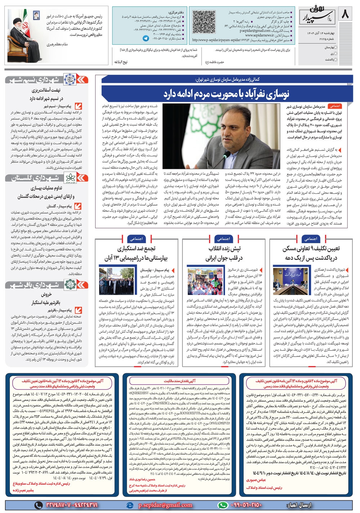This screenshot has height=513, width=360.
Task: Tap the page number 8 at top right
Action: [x=345, y=14]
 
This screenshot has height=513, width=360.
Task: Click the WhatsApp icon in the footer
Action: [x=223, y=505]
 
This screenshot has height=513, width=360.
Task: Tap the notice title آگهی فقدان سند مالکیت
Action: [x=180, y=381]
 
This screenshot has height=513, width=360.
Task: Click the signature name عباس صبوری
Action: [x=256, y=480]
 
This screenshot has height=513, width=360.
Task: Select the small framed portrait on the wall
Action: [x=36, y=15]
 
